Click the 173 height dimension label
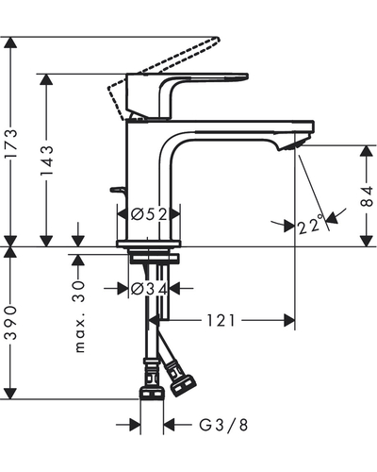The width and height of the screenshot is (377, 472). coord(11,143)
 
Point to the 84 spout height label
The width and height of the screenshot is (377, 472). coord(367,195)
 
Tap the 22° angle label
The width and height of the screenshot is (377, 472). coord(311,224)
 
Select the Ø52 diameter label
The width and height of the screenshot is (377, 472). coord(149,214)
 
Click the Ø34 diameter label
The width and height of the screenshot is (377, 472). coord(149,288)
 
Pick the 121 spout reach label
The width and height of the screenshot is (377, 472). coord(221,320)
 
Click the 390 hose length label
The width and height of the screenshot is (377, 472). coord(11,323)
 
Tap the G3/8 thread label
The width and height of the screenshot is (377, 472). coord(223,425)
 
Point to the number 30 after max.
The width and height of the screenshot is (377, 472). coord(79,292)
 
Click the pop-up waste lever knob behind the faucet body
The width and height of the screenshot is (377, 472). coord(117,190)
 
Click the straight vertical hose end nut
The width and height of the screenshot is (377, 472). coord(152,394)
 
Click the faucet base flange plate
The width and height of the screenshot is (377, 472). coord(149,244)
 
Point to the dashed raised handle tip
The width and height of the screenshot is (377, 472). coord(216,40)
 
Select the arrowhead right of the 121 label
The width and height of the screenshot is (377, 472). coord(289,320)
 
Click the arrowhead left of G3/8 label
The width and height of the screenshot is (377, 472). coord(135,425)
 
